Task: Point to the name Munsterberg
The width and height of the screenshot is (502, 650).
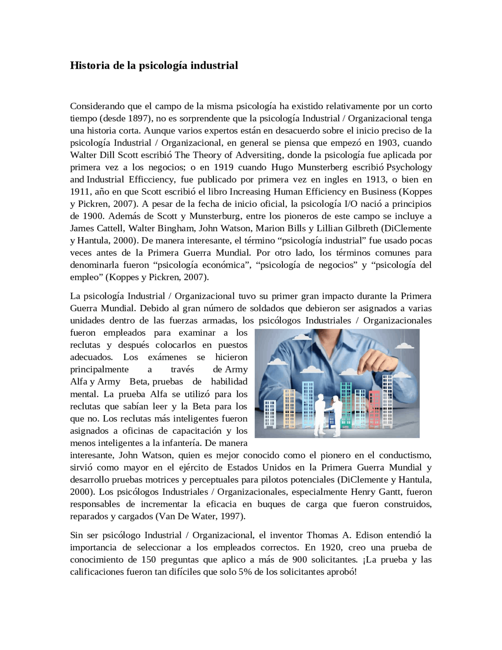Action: (323, 167)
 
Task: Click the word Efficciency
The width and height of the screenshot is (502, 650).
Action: (151, 179)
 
